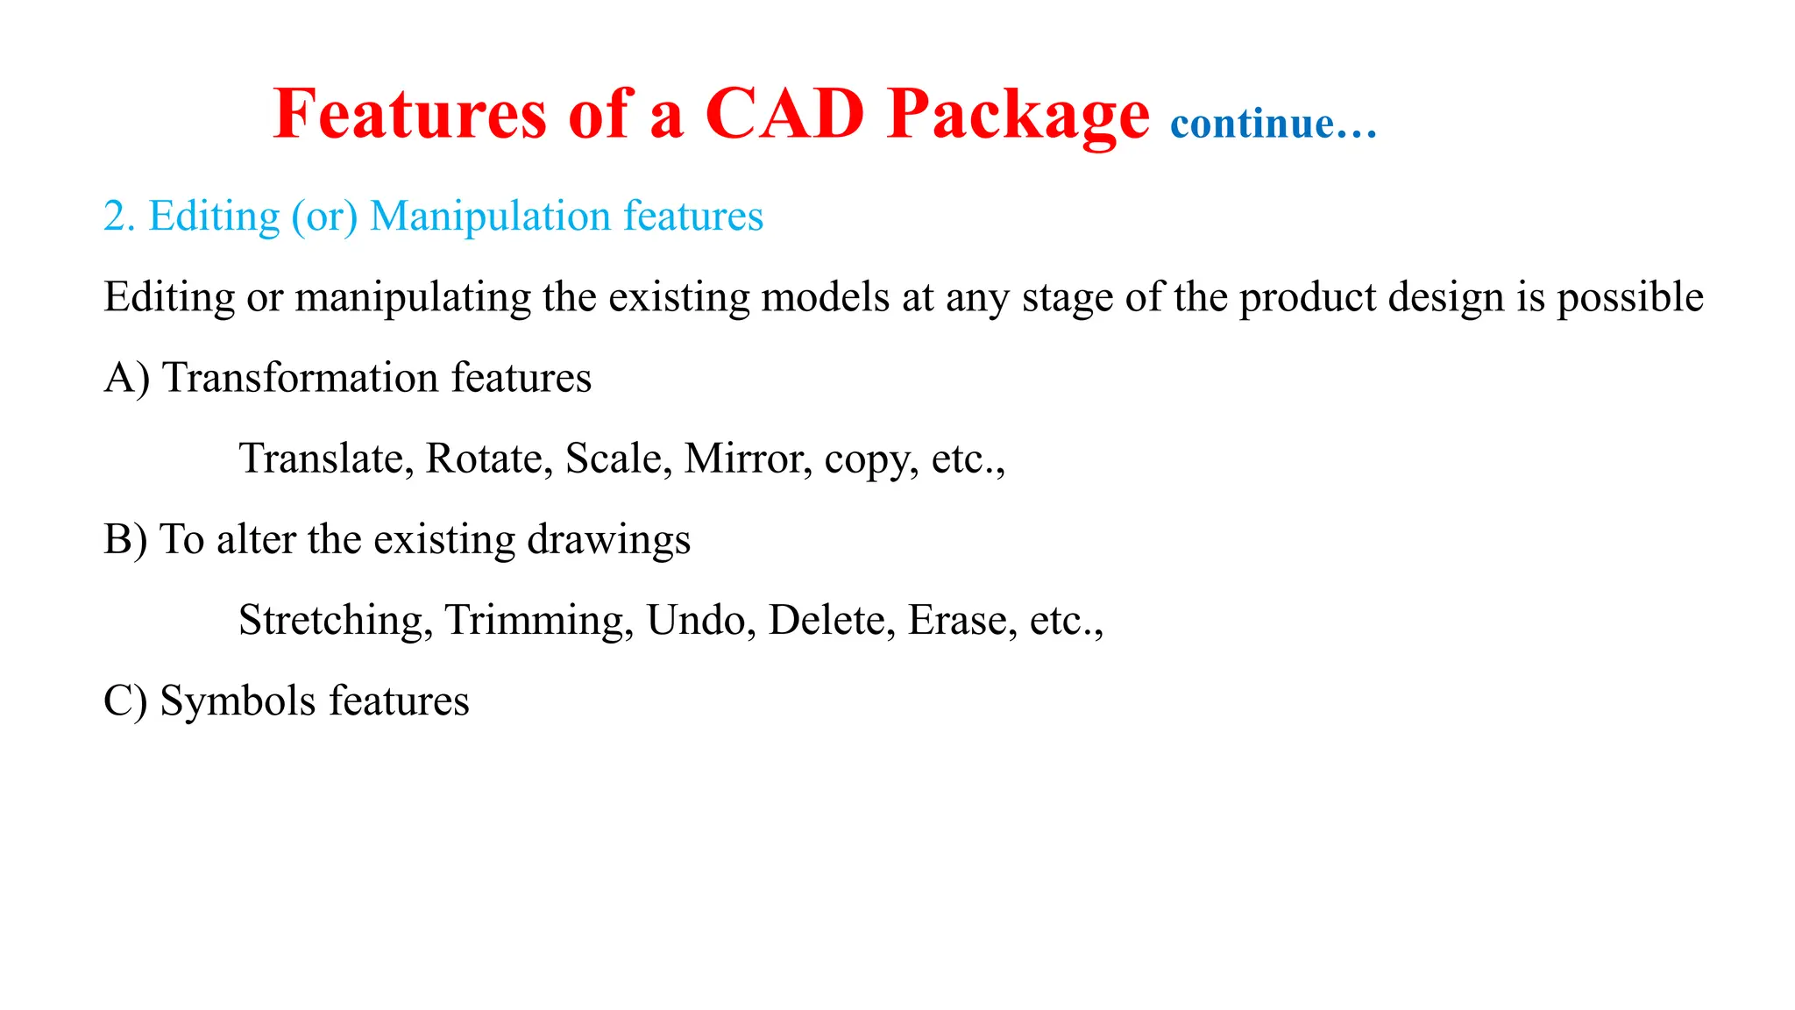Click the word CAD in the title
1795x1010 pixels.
tap(784, 114)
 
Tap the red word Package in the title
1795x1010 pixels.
tap(1017, 116)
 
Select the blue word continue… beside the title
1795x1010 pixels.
tap(1274, 124)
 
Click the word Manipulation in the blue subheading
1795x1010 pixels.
tap(490, 217)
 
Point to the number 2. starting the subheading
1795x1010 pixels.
tap(119, 217)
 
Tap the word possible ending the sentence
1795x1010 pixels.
tap(1629, 297)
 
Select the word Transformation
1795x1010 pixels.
tap(301, 378)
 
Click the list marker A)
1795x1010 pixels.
tap(126, 378)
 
